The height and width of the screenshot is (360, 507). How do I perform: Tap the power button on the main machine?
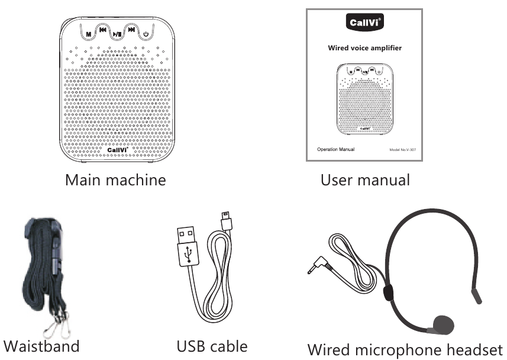pos(146,35)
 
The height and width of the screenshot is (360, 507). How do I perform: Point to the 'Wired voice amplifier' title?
pos(364,48)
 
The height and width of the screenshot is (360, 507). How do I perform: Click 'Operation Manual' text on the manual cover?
pos(335,149)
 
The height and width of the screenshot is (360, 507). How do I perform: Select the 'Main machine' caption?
pos(115,179)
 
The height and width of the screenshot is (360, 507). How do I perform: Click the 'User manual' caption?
pos(365,179)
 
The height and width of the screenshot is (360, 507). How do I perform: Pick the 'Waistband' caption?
pos(41,345)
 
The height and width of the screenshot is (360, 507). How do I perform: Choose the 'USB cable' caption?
pos(212,345)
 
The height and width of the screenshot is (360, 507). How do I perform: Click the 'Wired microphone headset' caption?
pos(405,348)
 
